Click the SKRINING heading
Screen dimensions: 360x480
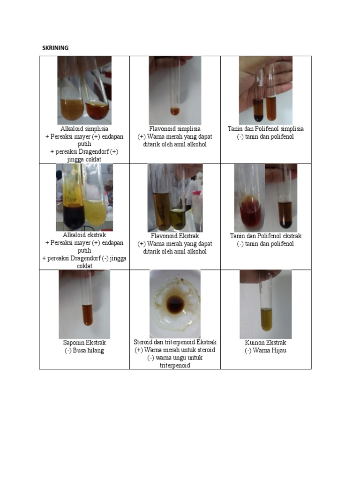click(55, 48)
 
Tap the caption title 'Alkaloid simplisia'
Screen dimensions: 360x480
click(84, 129)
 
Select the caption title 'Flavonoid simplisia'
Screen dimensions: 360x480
click(175, 129)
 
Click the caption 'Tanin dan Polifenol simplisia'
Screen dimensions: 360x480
click(265, 129)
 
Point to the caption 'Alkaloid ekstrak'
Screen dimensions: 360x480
click(84, 235)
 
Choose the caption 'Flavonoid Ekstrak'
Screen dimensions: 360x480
click(175, 236)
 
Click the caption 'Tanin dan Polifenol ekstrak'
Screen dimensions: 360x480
click(266, 236)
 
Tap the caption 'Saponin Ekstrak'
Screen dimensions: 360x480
click(84, 343)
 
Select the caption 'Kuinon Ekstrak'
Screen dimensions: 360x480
click(265, 343)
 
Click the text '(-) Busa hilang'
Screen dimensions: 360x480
click(84, 351)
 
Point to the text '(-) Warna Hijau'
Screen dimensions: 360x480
click(265, 351)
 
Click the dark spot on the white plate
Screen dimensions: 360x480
click(175, 305)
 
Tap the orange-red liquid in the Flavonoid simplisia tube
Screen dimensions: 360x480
click(174, 112)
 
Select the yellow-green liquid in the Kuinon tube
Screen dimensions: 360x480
click(266, 320)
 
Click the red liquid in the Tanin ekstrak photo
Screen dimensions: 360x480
click(251, 211)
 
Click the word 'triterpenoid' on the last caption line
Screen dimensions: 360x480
click(175, 366)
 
